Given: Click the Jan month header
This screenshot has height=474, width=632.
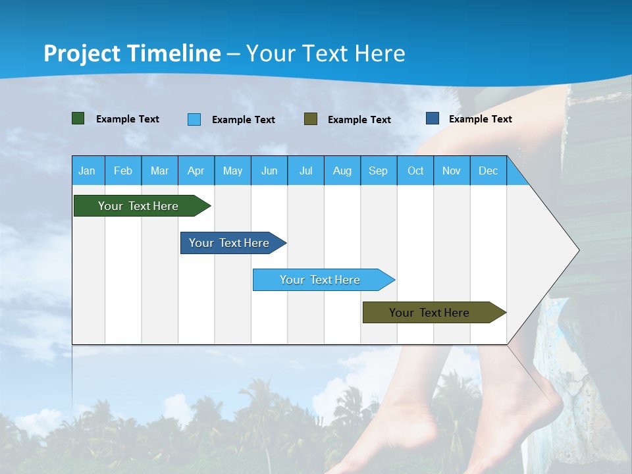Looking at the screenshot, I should (87, 171).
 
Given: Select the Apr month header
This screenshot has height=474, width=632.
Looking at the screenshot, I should (196, 171).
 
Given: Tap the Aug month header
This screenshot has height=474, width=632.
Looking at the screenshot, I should (342, 171).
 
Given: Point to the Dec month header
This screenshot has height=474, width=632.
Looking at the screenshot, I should (488, 171).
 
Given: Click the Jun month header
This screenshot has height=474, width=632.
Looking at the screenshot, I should (269, 171).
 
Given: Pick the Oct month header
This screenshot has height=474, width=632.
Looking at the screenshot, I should (415, 171).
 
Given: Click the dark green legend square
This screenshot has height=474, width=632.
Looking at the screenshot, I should (78, 118).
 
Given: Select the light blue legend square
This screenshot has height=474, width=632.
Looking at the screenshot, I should (194, 119).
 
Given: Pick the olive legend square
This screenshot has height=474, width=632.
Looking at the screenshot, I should (311, 119).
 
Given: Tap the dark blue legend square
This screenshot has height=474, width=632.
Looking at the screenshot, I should (433, 118).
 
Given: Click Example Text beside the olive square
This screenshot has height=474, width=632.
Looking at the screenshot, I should (359, 120).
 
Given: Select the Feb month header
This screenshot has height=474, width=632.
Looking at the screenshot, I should (123, 171).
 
